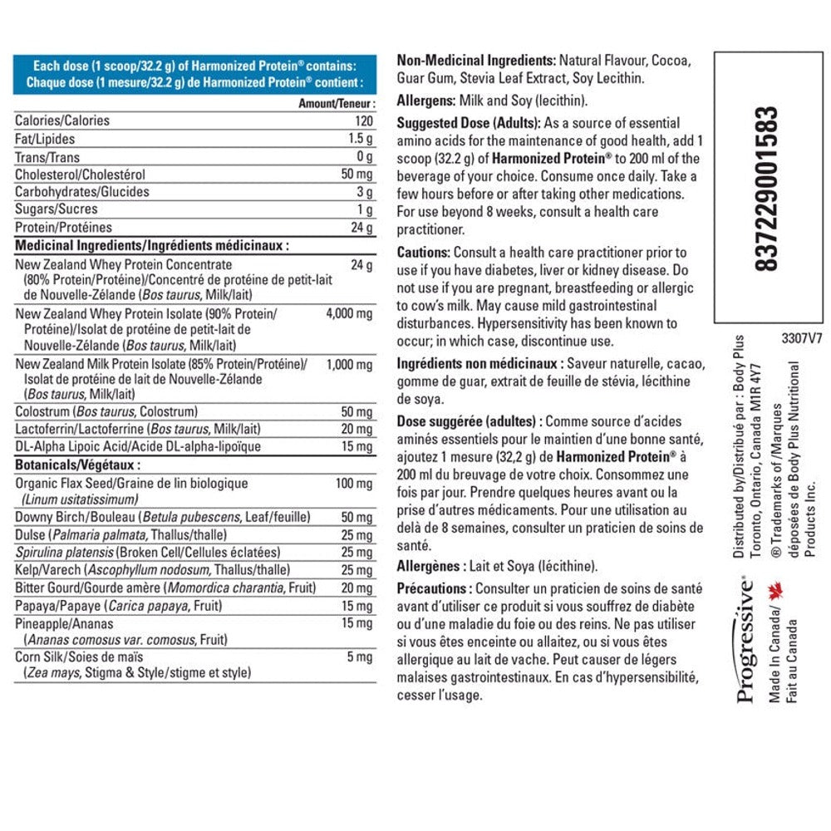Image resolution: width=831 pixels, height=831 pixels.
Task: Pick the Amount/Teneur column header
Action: click(337, 104)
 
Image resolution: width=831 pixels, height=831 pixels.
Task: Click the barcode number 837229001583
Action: click(770, 189)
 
